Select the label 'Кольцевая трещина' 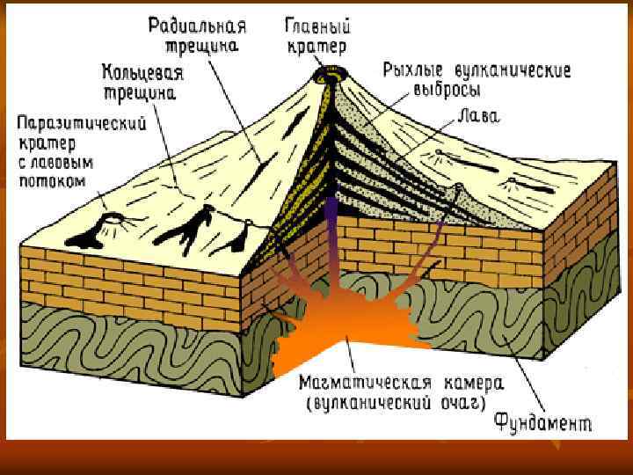tap(142, 79)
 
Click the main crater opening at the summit tap(334, 75)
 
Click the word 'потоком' tap(52, 181)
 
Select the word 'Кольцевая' tap(142, 69)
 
